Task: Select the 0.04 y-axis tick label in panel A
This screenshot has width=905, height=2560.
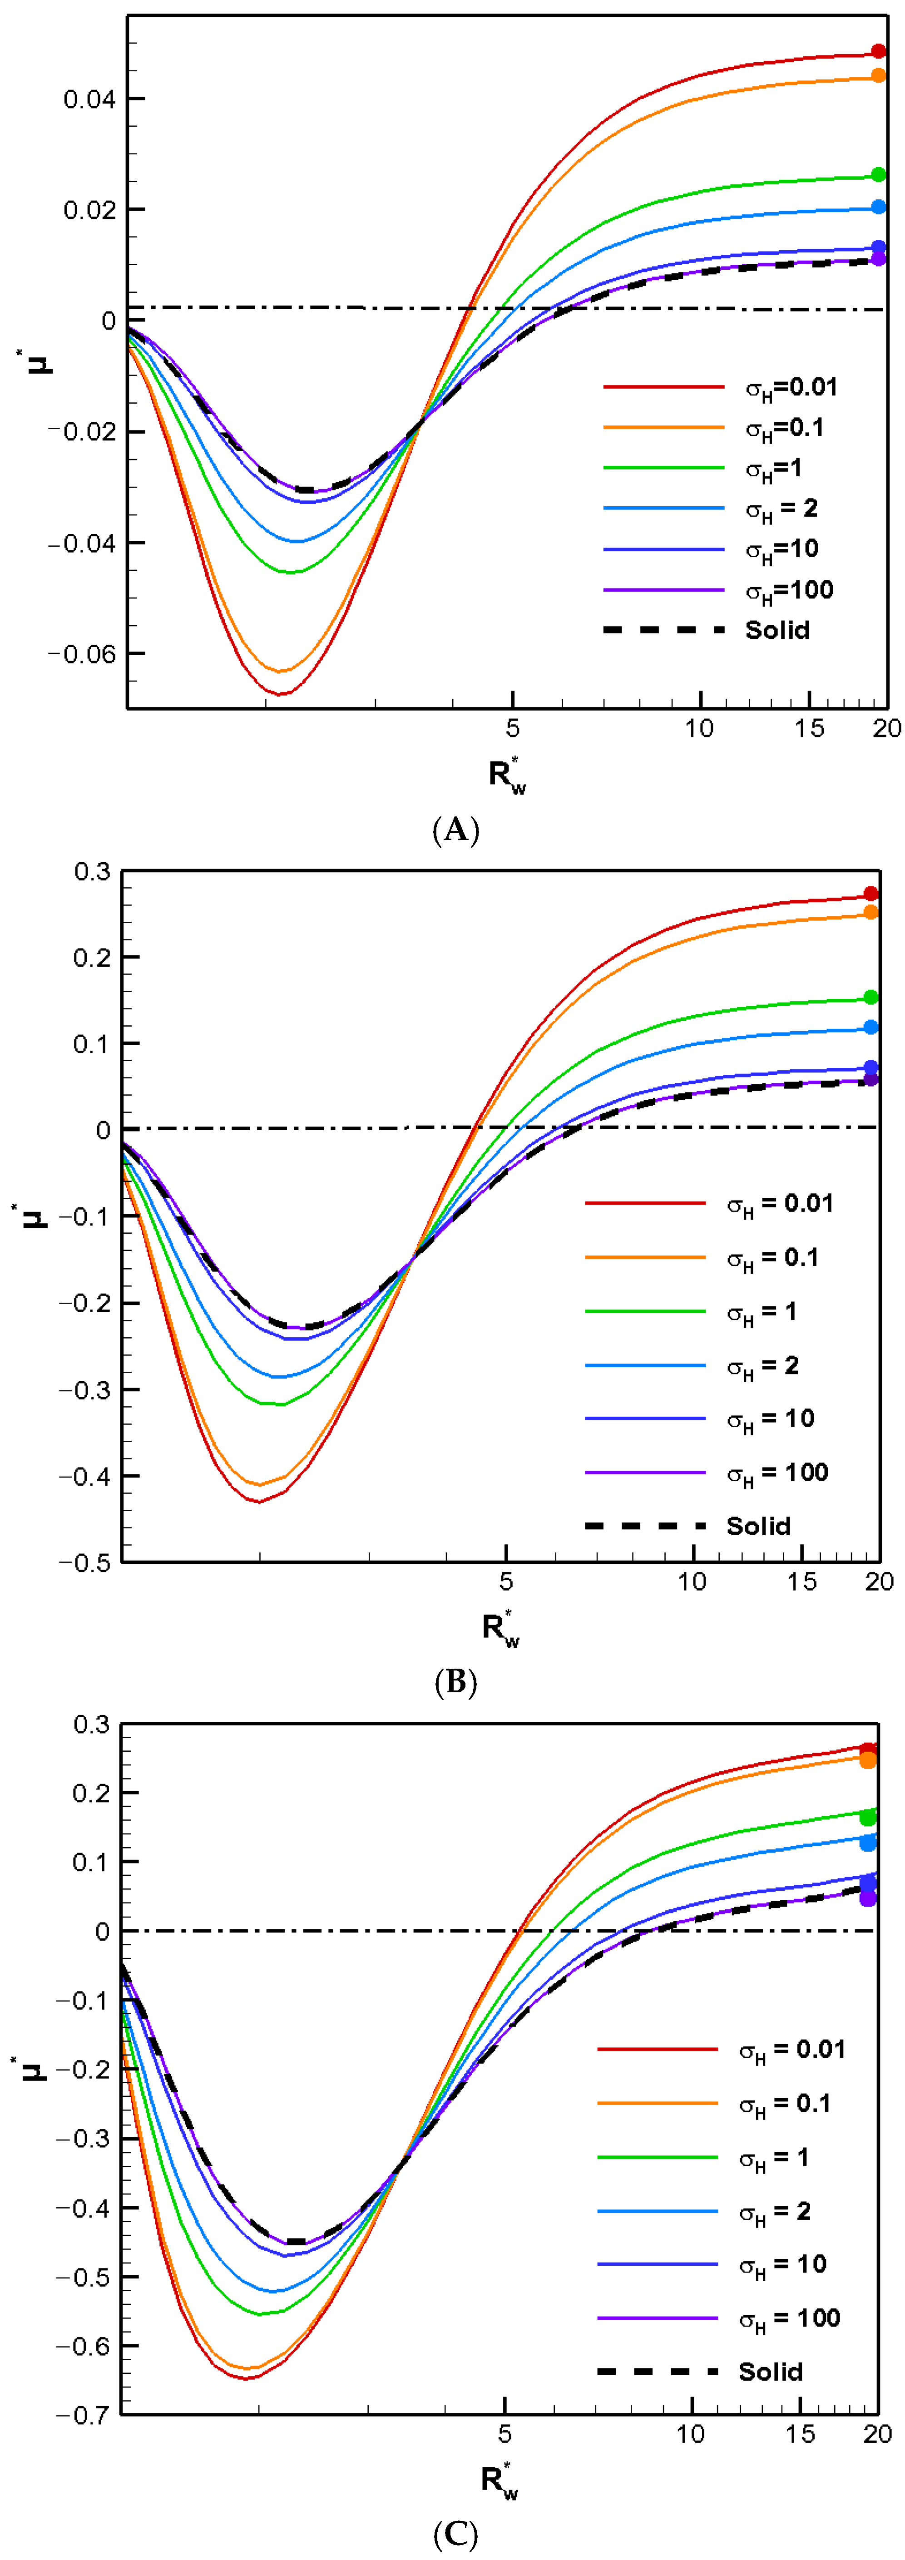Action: [89, 99]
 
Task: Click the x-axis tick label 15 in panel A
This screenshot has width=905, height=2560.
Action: [810, 728]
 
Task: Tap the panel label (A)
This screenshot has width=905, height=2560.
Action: [456, 830]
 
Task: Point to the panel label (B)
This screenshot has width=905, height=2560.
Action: [456, 1682]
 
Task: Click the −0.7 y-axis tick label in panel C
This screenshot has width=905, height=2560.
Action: [84, 2415]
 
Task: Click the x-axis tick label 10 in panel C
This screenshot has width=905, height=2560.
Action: [690, 2434]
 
